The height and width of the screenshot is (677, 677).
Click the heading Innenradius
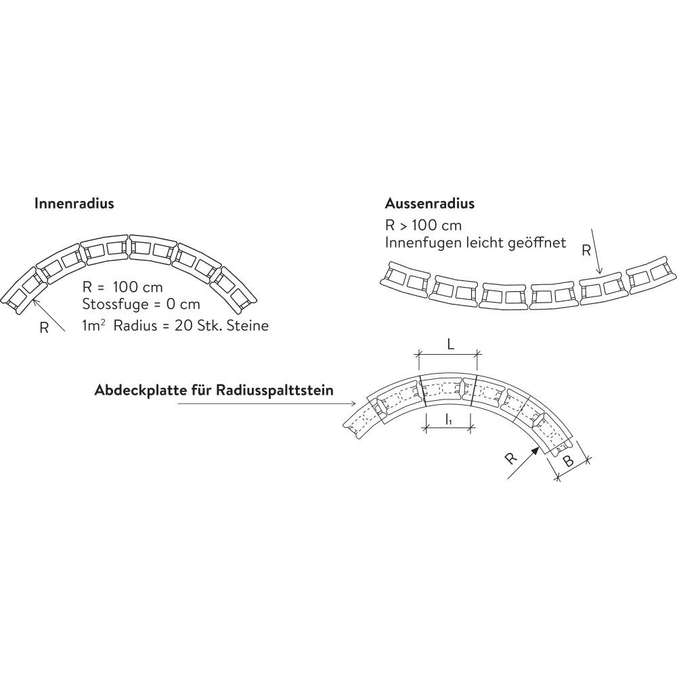coord(74,203)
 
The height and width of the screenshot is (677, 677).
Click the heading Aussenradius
coord(429,203)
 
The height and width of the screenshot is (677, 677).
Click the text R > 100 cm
coord(423,225)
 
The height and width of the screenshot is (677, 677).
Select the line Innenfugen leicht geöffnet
coord(475,242)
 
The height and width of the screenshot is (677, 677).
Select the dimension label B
coord(569,462)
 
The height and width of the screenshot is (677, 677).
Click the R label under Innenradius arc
coord(44,328)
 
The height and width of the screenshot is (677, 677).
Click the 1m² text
coord(94,326)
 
